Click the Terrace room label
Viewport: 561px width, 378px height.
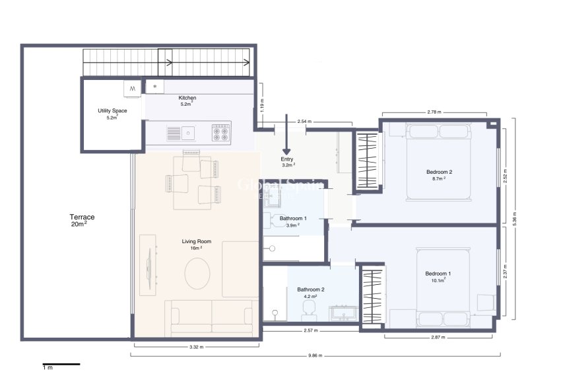coord(82,217)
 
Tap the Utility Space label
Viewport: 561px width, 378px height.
coord(112,111)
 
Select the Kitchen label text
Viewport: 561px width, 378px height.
coord(187,98)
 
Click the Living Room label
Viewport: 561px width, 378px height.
coord(196,242)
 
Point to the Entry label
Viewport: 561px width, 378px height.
coord(287,159)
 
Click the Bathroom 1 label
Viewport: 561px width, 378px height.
coord(293,218)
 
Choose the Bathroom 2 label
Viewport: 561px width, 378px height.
coord(310,289)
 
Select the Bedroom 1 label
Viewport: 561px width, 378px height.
coord(438,274)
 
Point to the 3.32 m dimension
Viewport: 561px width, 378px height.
coord(196,345)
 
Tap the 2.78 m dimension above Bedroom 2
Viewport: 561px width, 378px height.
coord(434,112)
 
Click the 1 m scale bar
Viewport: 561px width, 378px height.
coord(61,364)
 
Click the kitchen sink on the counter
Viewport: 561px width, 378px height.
coord(189,133)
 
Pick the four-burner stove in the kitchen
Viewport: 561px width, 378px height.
coord(221,133)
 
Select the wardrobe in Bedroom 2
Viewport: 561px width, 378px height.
coord(367,160)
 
